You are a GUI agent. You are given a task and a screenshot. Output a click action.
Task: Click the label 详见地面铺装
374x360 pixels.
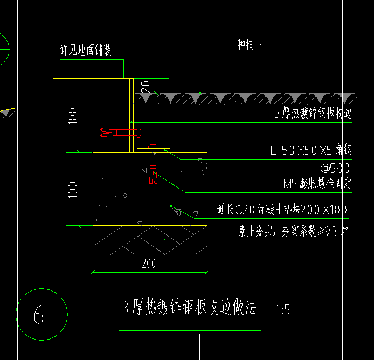point(86,50)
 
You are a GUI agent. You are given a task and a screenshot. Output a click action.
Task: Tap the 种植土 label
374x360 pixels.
point(250,45)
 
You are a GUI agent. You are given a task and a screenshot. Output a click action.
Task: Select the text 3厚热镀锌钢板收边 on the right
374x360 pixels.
point(313,113)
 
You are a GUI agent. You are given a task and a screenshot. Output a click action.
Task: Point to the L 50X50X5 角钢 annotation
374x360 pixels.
point(311,150)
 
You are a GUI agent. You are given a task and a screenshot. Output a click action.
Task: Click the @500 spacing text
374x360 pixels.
point(335,168)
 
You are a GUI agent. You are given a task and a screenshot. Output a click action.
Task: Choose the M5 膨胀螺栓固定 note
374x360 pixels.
point(317,183)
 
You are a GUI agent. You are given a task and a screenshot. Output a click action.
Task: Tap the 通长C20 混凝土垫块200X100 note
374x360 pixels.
point(282,210)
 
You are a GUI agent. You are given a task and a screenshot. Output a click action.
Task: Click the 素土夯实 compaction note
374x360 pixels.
point(294,231)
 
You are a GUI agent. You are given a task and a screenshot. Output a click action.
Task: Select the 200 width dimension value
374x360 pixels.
point(149,264)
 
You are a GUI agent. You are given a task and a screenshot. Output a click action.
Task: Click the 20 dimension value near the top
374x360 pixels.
point(146,87)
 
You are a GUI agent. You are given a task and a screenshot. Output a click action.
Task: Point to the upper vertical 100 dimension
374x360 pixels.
point(73,116)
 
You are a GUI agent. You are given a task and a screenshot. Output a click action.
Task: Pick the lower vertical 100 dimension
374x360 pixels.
point(73,190)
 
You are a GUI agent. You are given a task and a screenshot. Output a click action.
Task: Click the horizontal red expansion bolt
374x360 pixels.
point(121,133)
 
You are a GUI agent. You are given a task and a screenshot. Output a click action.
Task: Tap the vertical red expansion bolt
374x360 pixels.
point(153,165)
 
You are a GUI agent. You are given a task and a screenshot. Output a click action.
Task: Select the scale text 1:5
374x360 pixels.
point(282,309)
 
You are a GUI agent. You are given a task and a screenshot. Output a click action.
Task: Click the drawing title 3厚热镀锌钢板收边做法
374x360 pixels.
point(189,307)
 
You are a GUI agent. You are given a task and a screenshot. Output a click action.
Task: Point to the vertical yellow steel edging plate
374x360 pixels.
point(131,115)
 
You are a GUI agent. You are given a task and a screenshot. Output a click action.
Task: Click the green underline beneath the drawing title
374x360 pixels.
point(190,331)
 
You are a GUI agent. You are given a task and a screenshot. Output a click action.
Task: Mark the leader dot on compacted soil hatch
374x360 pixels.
point(164,240)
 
